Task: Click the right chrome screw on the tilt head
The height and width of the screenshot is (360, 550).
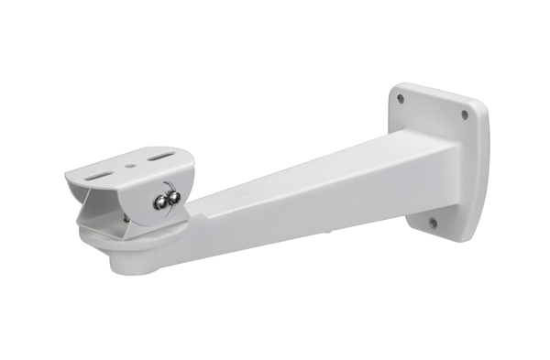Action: (173, 195)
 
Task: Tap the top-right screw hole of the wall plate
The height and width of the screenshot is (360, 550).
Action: (464, 115)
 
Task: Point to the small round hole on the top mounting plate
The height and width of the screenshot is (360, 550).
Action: (130, 166)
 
